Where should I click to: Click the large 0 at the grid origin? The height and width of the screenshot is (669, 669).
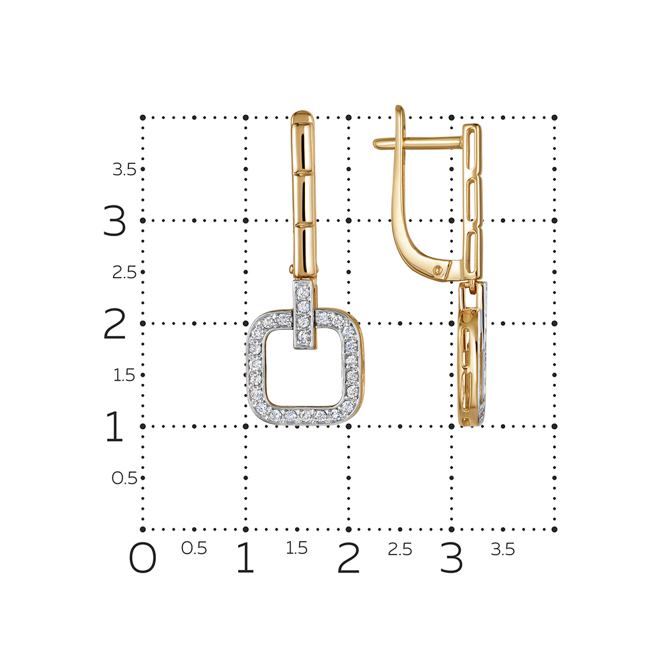(142, 558)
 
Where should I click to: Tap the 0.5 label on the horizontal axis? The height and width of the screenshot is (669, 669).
(194, 549)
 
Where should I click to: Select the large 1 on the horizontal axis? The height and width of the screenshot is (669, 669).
(246, 558)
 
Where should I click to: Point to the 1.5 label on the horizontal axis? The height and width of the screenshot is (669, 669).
(296, 549)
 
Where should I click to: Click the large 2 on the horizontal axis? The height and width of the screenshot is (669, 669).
(348, 558)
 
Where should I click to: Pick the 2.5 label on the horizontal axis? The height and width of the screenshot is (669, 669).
(400, 549)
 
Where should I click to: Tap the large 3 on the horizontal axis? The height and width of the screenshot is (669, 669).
(452, 558)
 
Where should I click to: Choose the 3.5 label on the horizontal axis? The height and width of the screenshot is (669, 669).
(503, 549)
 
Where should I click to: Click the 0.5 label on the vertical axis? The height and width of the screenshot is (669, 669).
(124, 478)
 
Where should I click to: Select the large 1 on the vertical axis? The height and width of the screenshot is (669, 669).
(114, 426)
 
